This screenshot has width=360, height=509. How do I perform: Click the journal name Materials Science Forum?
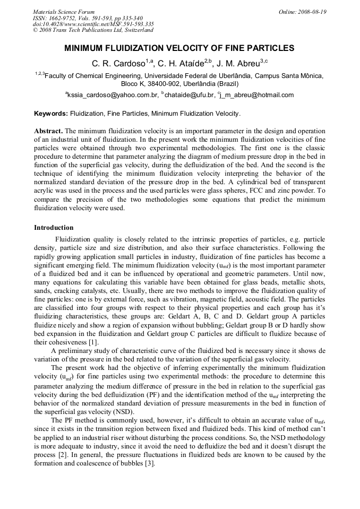64,12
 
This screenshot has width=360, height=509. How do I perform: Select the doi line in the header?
93,24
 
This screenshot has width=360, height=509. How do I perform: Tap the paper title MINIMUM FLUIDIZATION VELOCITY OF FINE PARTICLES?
179,48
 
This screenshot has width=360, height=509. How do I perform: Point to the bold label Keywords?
51,114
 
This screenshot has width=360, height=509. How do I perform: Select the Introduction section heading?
54,228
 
